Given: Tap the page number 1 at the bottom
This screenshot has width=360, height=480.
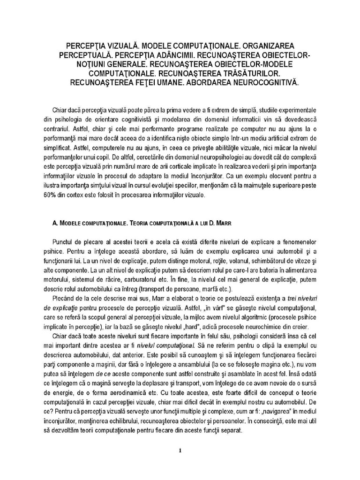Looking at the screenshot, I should (180, 451).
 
